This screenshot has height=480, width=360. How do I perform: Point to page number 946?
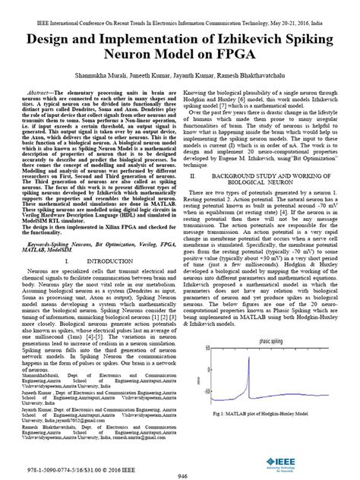180,474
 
